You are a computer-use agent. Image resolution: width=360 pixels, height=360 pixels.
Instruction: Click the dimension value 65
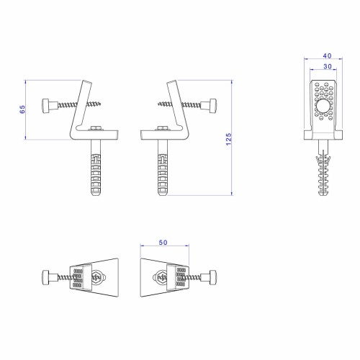pos(22,109)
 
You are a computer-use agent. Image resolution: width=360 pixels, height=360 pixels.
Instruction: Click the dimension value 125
pos(229,139)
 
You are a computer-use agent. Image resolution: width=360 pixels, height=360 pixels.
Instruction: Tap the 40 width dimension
pos(327,56)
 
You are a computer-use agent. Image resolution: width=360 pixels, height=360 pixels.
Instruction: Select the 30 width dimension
pos(328,66)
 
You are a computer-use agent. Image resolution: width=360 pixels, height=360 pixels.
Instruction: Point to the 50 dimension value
pos(163,243)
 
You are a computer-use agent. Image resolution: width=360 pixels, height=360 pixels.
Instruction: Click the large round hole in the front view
pos(323,107)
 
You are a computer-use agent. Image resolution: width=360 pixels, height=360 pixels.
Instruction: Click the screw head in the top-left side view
pos(47,106)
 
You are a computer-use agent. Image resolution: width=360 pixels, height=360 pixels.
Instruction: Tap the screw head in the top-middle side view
pos(213,106)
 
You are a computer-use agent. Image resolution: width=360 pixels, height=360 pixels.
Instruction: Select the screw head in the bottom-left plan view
pos(46,277)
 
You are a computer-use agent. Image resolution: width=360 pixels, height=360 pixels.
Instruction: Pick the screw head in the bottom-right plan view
pos(213,277)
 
